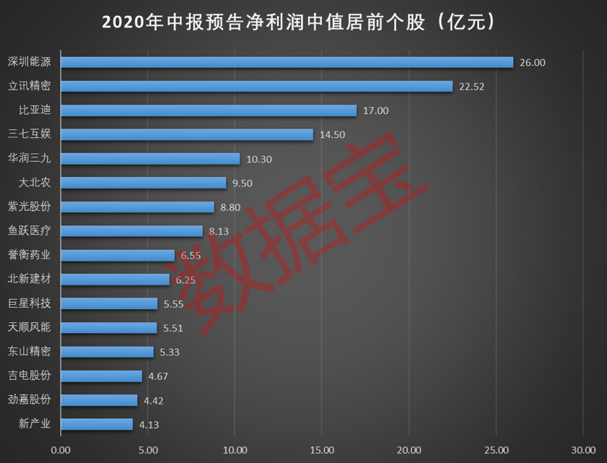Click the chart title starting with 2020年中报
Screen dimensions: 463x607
pyautogui.click(x=303, y=22)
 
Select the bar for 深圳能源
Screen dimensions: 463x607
pyautogui.click(x=287, y=62)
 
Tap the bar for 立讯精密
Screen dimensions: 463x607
pyautogui.click(x=256, y=87)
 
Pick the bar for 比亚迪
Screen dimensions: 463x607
pyautogui.click(x=209, y=111)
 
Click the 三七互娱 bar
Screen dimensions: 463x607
pyautogui.click(x=187, y=134)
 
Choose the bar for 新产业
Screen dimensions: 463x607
pyautogui.click(x=97, y=424)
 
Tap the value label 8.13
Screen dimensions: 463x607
pyautogui.click(x=219, y=231)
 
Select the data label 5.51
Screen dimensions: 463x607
pyautogui.click(x=173, y=328)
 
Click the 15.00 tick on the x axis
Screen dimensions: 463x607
pyautogui.click(x=321, y=449)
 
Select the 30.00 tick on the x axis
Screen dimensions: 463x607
pyautogui.click(x=582, y=449)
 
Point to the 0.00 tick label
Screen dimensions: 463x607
pyautogui.click(x=61, y=449)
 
